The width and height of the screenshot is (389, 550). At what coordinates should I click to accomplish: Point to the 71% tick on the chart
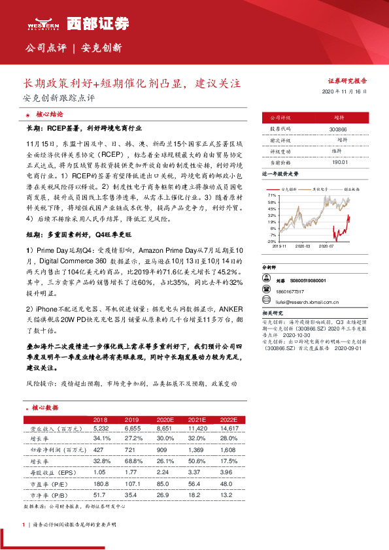pyautogui.click(x=271, y=195)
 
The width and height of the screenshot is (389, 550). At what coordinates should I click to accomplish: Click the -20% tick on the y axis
pyautogui.click(x=270, y=241)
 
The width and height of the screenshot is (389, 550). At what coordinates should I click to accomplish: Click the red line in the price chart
pyautogui.click(x=340, y=229)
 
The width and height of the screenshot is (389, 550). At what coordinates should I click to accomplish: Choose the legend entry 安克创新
pyautogui.click(x=288, y=188)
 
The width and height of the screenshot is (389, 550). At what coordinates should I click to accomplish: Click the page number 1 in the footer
pyautogui.click(x=24, y=525)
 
